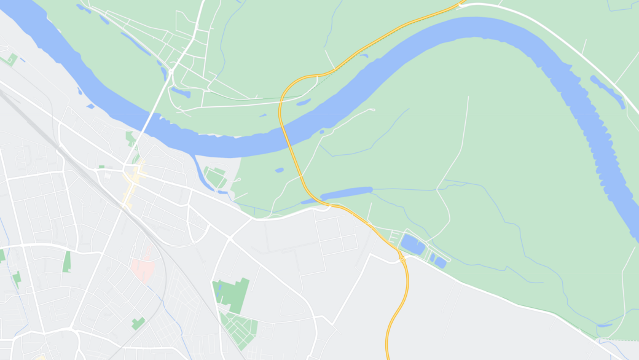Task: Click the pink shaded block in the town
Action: (144, 269)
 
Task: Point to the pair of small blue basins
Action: (437, 260)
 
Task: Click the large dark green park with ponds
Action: (233, 294)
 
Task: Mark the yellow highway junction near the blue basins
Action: (402, 259)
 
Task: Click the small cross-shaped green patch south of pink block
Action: (138, 323)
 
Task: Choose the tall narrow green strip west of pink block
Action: (66, 262)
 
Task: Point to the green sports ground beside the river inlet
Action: (215, 177)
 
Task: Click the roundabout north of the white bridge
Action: (170, 72)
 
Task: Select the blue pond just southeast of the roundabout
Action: (181, 93)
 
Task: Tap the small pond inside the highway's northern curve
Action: (303, 103)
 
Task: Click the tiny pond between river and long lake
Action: (280, 170)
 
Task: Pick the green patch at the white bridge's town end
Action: (130, 138)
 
